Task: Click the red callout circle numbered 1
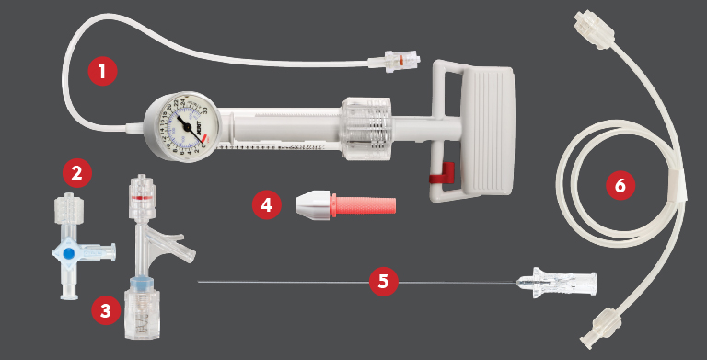click(x=102, y=69)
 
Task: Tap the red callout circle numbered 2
click(x=76, y=172)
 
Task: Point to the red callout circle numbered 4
click(x=267, y=203)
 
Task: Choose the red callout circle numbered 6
click(x=620, y=185)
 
